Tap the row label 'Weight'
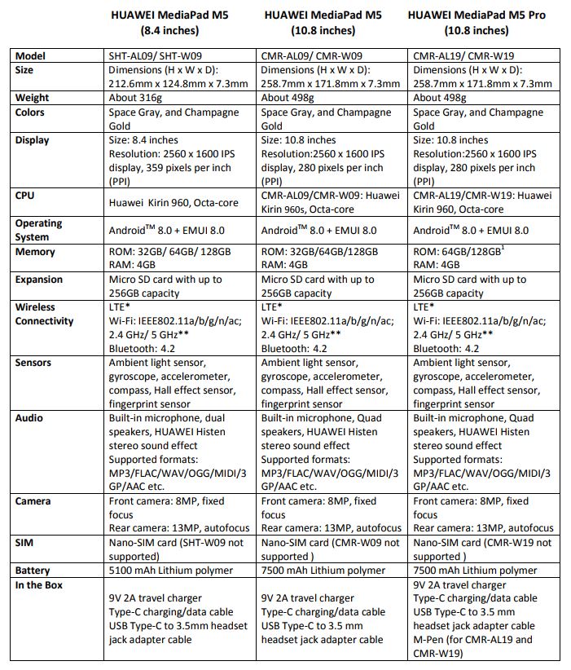(x=33, y=98)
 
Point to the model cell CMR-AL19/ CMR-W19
(x=461, y=56)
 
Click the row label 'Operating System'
(x=38, y=230)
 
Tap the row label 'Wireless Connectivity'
(x=44, y=314)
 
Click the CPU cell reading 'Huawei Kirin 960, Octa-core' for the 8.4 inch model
(x=173, y=201)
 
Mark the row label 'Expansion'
(x=39, y=280)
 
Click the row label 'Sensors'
(x=33, y=363)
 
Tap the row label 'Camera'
(x=33, y=501)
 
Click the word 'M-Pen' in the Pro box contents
(x=431, y=640)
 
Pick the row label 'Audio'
(x=30, y=418)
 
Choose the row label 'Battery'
(x=33, y=571)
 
